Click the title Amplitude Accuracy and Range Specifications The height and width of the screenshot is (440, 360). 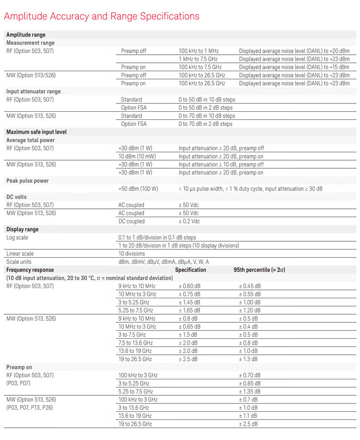coord(101,16)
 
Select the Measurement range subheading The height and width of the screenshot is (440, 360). coord(30,43)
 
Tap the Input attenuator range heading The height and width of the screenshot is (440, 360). coord(33,91)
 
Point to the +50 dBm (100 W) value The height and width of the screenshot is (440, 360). coord(138,189)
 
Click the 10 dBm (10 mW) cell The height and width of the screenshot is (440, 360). coord(135,156)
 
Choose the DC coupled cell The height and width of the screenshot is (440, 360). coord(132,221)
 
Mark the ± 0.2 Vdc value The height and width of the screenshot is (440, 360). coord(189,221)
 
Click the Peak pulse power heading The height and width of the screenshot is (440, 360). coord(27,181)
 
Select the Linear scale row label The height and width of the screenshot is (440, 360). coord(20,254)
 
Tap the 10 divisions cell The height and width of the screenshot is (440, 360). coord(132,254)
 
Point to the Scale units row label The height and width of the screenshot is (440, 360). coord(19,262)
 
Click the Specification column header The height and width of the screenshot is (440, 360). coord(190,270)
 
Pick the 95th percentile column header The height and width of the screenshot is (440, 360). coord(259,270)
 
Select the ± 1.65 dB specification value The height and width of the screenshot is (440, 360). coord(189,311)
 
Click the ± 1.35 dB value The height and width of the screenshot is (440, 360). coord(250,392)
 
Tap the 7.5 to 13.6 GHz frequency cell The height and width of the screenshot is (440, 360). coord(136,343)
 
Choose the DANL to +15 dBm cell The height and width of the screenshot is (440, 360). coord(294,67)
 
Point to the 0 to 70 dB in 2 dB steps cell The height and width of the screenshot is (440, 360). coord(205,124)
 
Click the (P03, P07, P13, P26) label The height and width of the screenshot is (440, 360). coord(30,408)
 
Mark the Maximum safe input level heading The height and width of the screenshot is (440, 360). coord(36,132)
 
